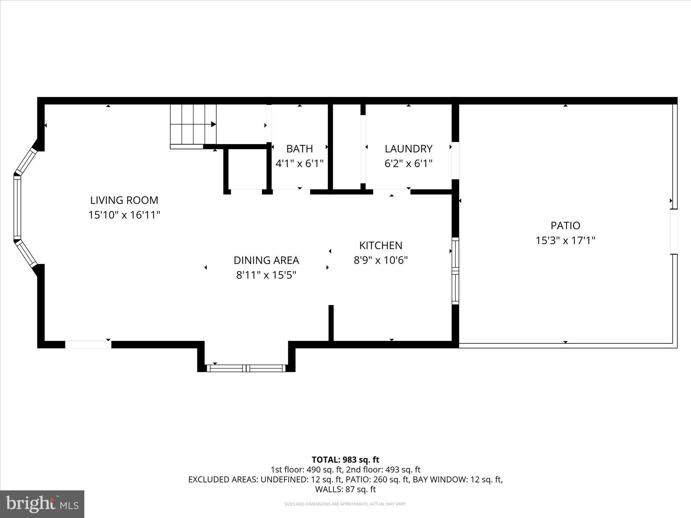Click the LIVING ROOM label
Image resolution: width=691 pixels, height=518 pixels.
[x=124, y=200]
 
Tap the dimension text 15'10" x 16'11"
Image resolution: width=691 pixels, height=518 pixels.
[x=124, y=215]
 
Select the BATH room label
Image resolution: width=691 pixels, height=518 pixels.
[x=300, y=148]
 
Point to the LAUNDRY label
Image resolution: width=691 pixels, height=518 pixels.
[x=408, y=148]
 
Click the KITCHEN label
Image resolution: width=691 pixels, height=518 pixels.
[x=381, y=245]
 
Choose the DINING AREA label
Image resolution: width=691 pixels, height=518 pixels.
[x=266, y=260]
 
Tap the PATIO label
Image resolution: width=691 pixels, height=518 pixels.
[x=565, y=226]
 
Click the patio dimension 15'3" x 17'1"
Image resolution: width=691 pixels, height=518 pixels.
[x=565, y=240]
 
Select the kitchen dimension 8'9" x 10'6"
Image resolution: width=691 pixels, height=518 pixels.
[x=381, y=260]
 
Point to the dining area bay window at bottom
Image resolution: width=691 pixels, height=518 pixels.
[x=246, y=368]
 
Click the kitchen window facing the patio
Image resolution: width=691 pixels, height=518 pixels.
[x=455, y=271]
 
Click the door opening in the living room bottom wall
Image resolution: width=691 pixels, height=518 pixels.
[x=88, y=344]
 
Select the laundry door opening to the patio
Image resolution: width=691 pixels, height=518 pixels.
[x=455, y=160]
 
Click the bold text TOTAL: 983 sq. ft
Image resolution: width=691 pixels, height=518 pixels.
[x=345, y=460]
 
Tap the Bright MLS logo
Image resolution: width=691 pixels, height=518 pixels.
[x=42, y=504]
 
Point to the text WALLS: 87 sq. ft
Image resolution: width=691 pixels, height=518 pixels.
[x=345, y=489]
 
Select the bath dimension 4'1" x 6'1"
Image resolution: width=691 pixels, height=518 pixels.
[x=300, y=163]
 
